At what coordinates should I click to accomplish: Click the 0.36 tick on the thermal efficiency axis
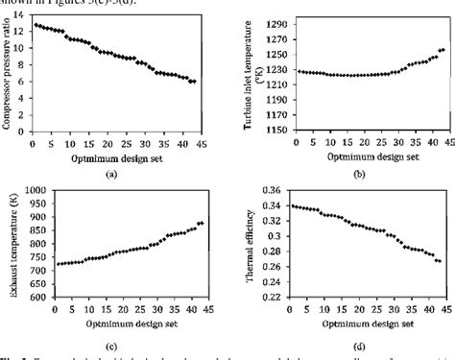(x=275, y=190)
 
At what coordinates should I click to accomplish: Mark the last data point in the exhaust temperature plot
(x=202, y=224)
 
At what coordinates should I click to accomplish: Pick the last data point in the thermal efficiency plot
(x=439, y=261)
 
